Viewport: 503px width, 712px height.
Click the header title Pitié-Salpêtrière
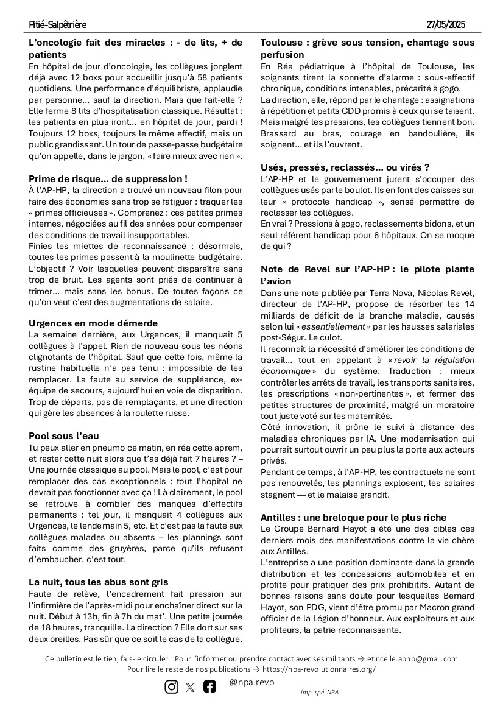pos(58,25)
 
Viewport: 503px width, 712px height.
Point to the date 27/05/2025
pos(446,25)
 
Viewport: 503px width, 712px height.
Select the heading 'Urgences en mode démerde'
pos(93,323)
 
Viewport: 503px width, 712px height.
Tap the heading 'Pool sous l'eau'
pos(64,435)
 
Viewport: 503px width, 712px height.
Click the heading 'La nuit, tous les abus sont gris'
pos(98,582)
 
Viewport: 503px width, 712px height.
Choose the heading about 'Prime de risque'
pos(108,179)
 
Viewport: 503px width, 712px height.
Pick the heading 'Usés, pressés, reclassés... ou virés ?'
pos(345,167)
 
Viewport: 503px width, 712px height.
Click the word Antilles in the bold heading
pos(278,517)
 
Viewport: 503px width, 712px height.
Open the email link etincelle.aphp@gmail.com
pos(412,659)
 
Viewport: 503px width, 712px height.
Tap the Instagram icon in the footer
pos(172,686)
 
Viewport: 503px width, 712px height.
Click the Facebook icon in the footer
pos(209,686)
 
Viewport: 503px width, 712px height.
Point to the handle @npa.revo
pos(251,683)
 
